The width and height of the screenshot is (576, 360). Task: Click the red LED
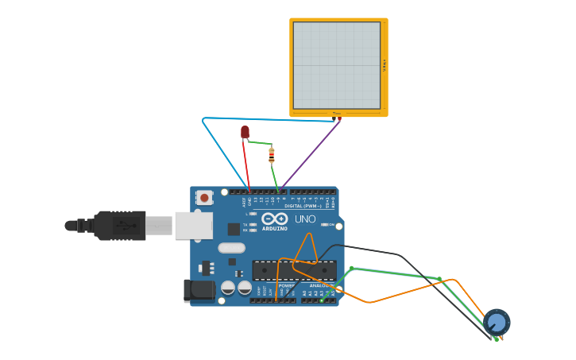point(245,132)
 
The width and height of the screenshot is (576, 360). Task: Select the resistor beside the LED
point(272,156)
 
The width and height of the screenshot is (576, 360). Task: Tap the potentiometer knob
point(497,322)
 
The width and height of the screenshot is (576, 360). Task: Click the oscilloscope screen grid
point(337,65)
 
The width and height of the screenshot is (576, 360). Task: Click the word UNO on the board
point(305,219)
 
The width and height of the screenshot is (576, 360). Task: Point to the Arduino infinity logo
point(275,219)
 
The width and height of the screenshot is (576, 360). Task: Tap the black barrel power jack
point(198,290)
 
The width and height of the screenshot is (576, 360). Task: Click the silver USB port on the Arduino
point(193,225)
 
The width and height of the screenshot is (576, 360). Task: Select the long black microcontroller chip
point(294,270)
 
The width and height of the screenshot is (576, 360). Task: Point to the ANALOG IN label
point(321,285)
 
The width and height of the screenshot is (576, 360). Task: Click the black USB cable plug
point(119,225)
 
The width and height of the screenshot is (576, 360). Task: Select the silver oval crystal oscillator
point(231,248)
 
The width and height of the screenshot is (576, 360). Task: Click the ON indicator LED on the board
point(324,225)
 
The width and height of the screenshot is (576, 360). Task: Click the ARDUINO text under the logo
point(275,229)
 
